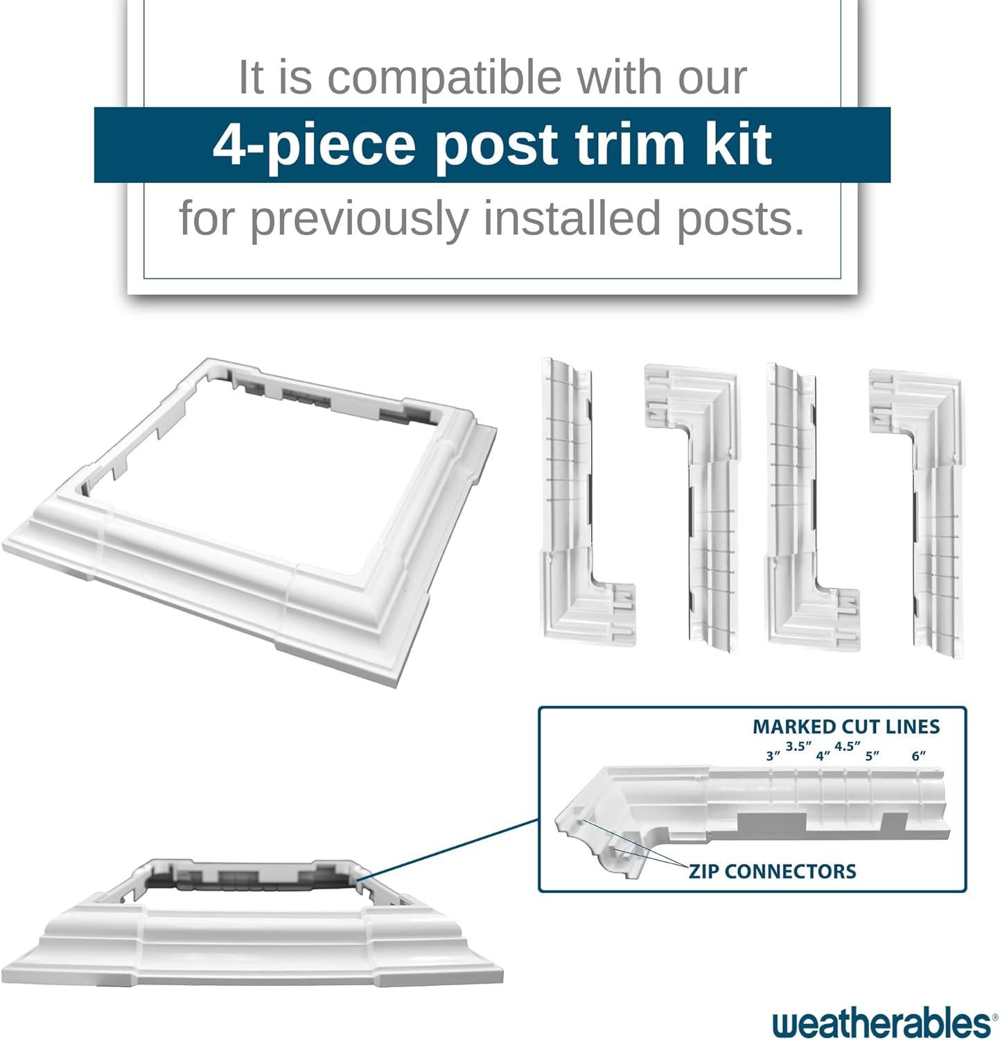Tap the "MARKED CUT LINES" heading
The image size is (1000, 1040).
click(x=845, y=727)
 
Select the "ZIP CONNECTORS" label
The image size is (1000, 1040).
click(x=772, y=871)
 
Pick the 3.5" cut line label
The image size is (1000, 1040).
click(x=798, y=746)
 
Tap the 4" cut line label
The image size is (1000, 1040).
click(x=823, y=756)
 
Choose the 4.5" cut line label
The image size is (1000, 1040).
click(x=847, y=746)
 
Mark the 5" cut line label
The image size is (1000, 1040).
click(x=872, y=756)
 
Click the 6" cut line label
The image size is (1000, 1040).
click(x=919, y=756)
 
